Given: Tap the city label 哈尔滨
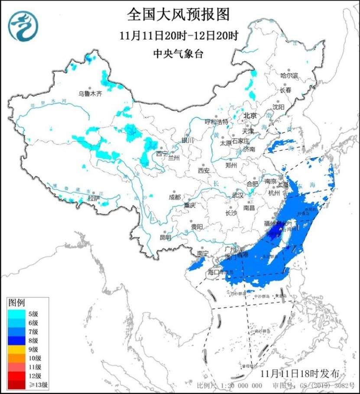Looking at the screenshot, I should click(x=289, y=75).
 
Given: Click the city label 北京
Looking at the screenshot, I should click(x=250, y=116).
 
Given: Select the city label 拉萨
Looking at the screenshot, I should click(x=94, y=198).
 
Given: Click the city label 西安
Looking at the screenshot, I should click(x=204, y=170).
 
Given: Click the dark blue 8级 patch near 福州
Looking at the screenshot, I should click(x=273, y=234).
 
